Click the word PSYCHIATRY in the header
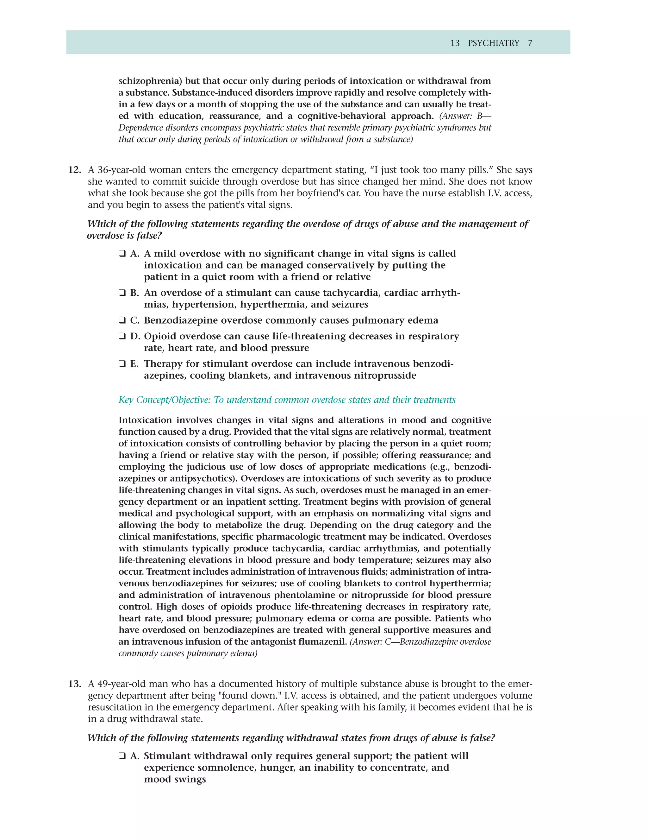click(x=493, y=43)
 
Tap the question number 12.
click(x=74, y=170)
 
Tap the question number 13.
click(x=74, y=684)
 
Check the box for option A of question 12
click(x=122, y=254)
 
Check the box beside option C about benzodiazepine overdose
click(x=122, y=320)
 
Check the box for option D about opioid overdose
click(x=122, y=336)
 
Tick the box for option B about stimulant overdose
click(x=122, y=293)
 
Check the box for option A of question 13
click(x=122, y=756)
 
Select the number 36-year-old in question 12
click(x=122, y=170)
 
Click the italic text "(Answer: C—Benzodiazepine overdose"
click(x=421, y=642)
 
